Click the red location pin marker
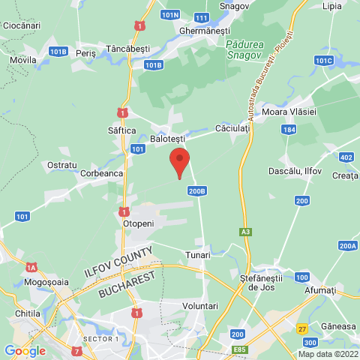178,162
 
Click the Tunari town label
198,255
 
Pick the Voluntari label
200,306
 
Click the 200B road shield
197,191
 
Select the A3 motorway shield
245,231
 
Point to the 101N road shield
171,14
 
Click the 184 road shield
289,130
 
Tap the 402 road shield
346,157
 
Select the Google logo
25,350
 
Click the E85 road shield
241,349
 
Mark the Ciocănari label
21,25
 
